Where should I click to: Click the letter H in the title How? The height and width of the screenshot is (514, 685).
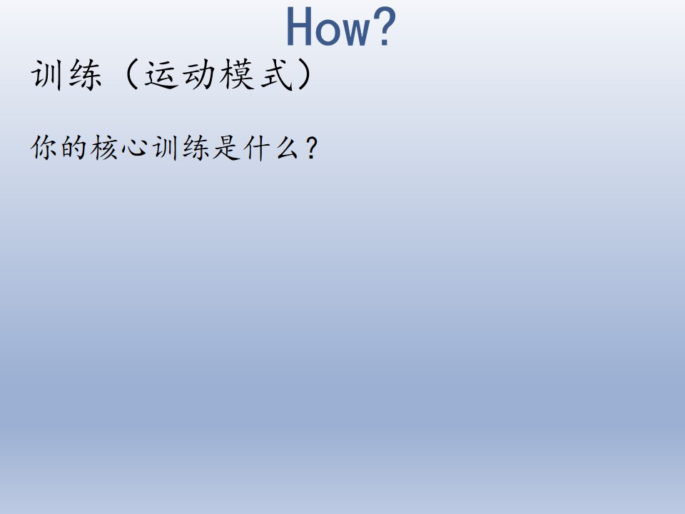click(x=299, y=26)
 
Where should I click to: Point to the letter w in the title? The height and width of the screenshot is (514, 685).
click(x=355, y=31)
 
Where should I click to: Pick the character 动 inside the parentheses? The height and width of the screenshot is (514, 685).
click(x=199, y=75)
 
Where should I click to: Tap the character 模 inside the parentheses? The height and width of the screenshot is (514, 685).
click(x=237, y=75)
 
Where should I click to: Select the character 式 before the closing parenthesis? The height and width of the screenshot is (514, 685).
click(x=276, y=75)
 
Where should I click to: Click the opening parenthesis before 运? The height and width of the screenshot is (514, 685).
click(x=131, y=75)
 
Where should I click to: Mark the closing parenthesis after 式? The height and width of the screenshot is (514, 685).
click(x=305, y=75)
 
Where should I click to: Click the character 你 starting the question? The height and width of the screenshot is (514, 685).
click(x=44, y=147)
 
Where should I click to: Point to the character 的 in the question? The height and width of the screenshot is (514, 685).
click(x=73, y=147)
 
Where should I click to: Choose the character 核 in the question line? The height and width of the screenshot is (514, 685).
click(x=104, y=147)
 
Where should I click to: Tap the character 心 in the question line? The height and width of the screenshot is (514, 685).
click(x=134, y=148)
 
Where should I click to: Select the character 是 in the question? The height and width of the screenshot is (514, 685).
click(x=226, y=147)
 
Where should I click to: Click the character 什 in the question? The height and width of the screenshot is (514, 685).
click(x=256, y=148)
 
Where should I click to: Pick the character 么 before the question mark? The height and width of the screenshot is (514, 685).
click(x=287, y=147)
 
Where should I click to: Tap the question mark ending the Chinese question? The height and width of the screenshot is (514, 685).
click(x=313, y=148)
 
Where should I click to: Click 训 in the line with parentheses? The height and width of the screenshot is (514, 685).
click(x=46, y=75)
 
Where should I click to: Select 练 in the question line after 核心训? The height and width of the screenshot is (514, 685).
click(x=196, y=147)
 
